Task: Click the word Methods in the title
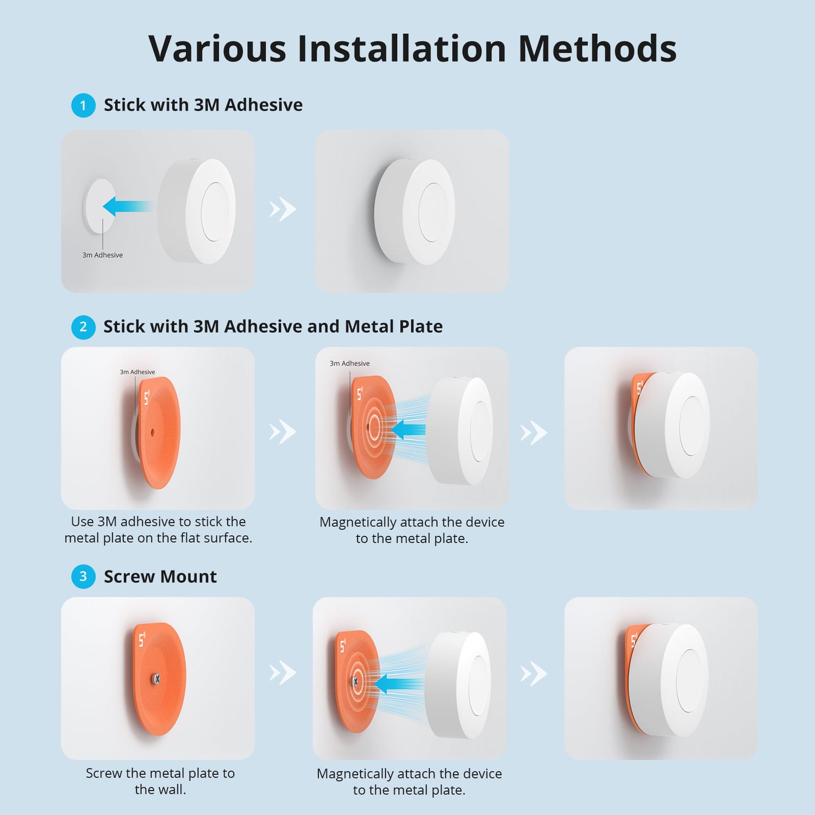(x=597, y=49)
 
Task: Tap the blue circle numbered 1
(x=83, y=105)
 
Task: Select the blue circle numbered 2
(x=83, y=327)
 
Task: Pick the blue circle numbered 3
(x=83, y=576)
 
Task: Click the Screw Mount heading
(x=160, y=576)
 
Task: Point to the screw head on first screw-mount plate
(x=156, y=679)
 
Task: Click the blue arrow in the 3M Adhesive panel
(x=126, y=206)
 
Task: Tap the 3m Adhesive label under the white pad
(x=102, y=255)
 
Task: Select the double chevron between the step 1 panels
(x=283, y=209)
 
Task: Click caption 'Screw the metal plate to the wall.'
(x=160, y=781)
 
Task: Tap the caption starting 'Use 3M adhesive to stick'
(x=158, y=530)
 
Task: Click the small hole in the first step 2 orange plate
(x=152, y=432)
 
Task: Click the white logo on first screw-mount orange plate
(x=142, y=640)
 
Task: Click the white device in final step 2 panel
(x=674, y=426)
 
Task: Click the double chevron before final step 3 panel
(x=534, y=674)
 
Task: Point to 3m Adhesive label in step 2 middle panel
(x=349, y=363)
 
